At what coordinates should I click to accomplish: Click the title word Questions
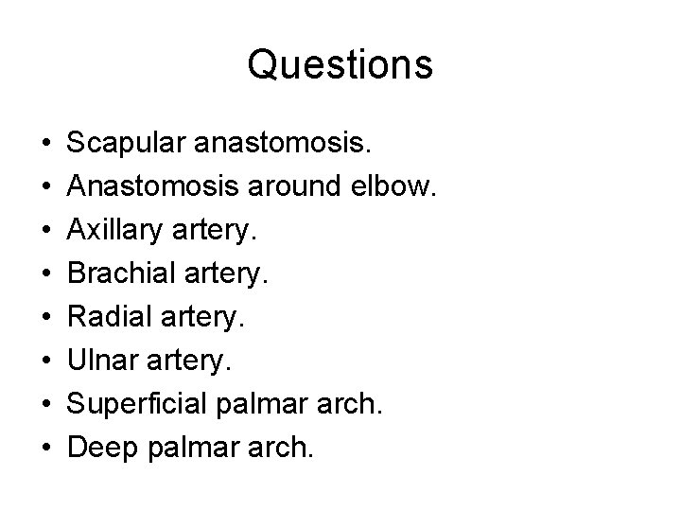[x=340, y=65]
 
